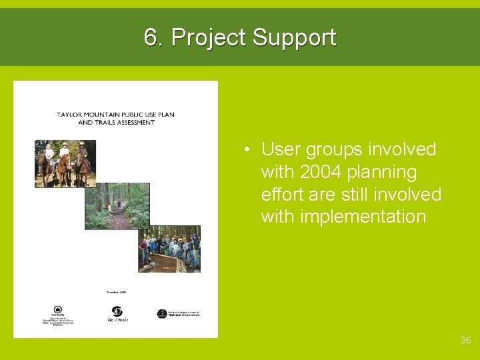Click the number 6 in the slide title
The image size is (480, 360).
coord(151,38)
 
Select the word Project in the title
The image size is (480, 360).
coord(209,38)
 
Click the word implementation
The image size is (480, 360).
coord(343,217)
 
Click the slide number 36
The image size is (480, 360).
coord(465,340)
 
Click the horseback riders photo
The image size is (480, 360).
coord(65,163)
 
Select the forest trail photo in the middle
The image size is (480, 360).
coord(117,205)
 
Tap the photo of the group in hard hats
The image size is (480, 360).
coord(169,249)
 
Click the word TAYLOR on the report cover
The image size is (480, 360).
coord(71,115)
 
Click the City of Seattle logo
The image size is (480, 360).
coord(117,314)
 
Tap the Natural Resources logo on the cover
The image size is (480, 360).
coord(177,313)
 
